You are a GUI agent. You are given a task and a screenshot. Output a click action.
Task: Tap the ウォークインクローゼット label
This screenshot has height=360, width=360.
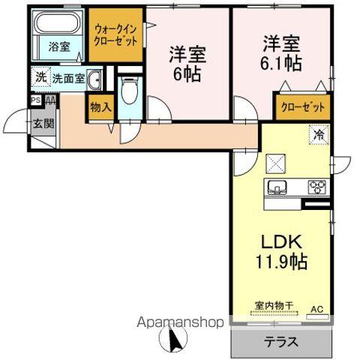115,35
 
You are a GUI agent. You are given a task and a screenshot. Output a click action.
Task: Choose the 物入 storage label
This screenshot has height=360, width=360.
100,107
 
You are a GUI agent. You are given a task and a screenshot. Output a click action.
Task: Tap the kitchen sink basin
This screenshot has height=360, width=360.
276,187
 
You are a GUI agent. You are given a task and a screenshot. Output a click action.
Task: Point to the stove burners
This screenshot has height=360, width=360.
316,187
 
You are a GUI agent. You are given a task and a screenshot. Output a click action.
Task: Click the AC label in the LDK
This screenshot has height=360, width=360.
317,308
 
